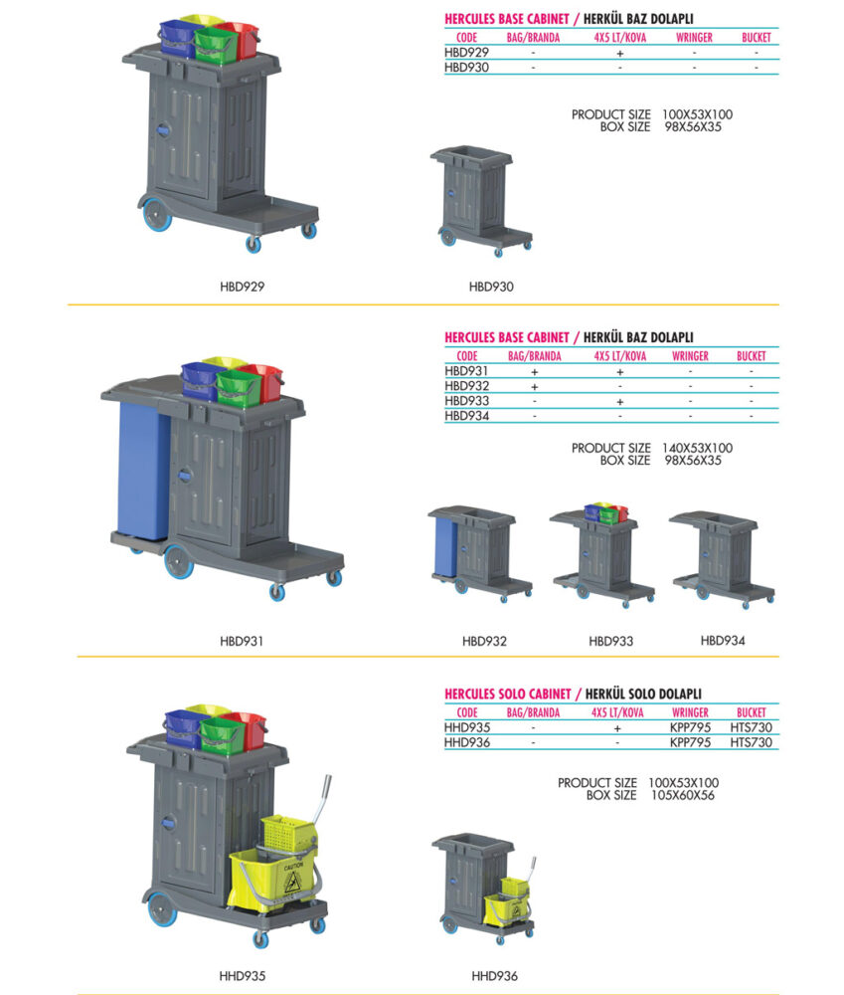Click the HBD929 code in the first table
click(x=466, y=53)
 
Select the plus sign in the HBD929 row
click(x=620, y=54)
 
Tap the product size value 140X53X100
click(x=697, y=448)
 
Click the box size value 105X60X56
click(x=683, y=795)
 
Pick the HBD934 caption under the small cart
click(x=723, y=641)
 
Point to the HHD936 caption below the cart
click(x=494, y=976)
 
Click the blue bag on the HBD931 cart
click(x=143, y=471)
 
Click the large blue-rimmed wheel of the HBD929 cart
click(x=156, y=215)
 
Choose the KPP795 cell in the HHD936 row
click(x=690, y=742)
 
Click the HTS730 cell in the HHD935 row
click(x=751, y=728)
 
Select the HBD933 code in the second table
click(x=466, y=401)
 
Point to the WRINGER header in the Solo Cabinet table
click(x=690, y=712)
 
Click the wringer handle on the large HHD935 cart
click(x=323, y=801)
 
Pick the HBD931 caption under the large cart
click(x=242, y=641)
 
